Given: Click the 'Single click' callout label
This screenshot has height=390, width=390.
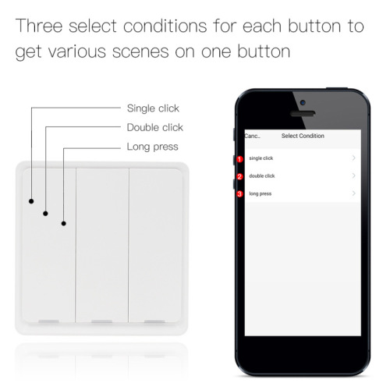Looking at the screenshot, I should (152, 108).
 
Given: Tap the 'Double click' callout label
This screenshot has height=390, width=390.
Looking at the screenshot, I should (154, 127).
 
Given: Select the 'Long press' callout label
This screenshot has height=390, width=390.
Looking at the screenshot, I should (152, 147).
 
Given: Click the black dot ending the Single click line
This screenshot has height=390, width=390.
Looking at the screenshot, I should (31, 200).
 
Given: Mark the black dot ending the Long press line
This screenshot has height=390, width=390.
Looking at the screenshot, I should (63, 224).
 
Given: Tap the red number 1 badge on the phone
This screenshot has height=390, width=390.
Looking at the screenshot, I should (240, 159).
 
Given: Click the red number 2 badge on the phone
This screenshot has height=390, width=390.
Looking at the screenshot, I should (240, 176).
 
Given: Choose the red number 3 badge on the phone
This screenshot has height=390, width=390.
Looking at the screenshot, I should (240, 193).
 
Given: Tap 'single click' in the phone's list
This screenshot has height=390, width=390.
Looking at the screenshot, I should (261, 158).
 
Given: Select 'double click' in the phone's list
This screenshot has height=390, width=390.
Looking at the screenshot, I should (262, 175).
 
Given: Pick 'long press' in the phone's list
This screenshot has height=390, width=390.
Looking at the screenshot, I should (260, 193).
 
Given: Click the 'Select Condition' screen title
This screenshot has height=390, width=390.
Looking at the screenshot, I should (303, 136).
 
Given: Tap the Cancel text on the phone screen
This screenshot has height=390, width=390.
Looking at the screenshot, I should (252, 136).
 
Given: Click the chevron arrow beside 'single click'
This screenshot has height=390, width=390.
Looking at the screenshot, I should (354, 158).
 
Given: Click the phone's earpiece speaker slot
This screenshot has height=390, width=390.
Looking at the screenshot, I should (303, 113).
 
